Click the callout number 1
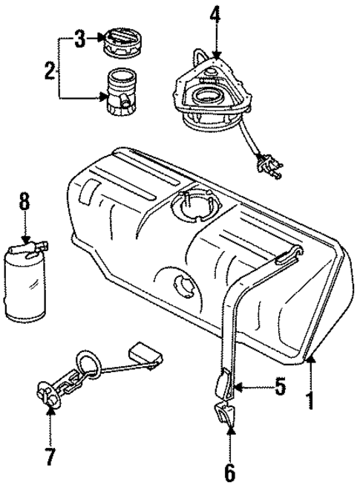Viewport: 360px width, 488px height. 310,401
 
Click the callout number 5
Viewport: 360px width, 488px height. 279,387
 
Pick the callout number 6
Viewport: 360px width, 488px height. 229,470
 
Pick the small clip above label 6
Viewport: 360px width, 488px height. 225,412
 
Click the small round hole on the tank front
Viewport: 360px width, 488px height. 182,285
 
